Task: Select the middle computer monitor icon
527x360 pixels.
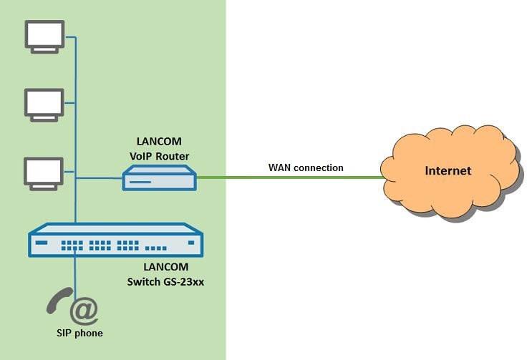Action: click(44, 104)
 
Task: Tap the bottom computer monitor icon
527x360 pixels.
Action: click(44, 173)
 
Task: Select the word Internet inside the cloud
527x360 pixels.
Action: click(448, 170)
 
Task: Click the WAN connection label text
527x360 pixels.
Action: click(306, 167)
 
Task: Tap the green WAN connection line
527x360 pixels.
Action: click(286, 177)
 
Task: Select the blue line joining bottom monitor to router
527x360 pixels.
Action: click(97, 177)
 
